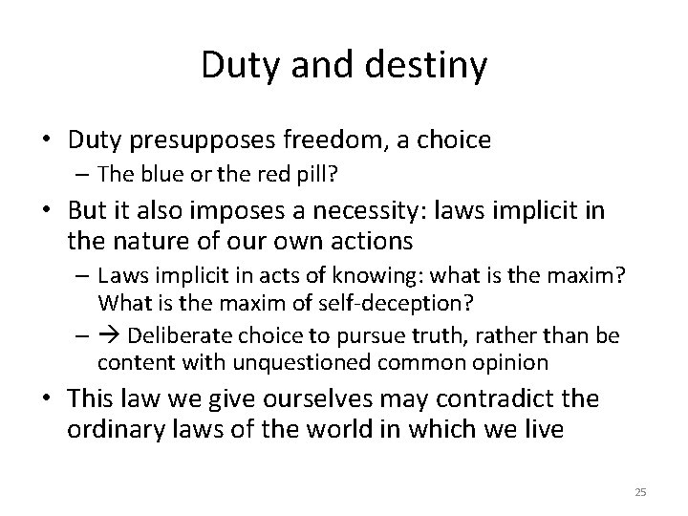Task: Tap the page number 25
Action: pyautogui.click(x=640, y=491)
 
